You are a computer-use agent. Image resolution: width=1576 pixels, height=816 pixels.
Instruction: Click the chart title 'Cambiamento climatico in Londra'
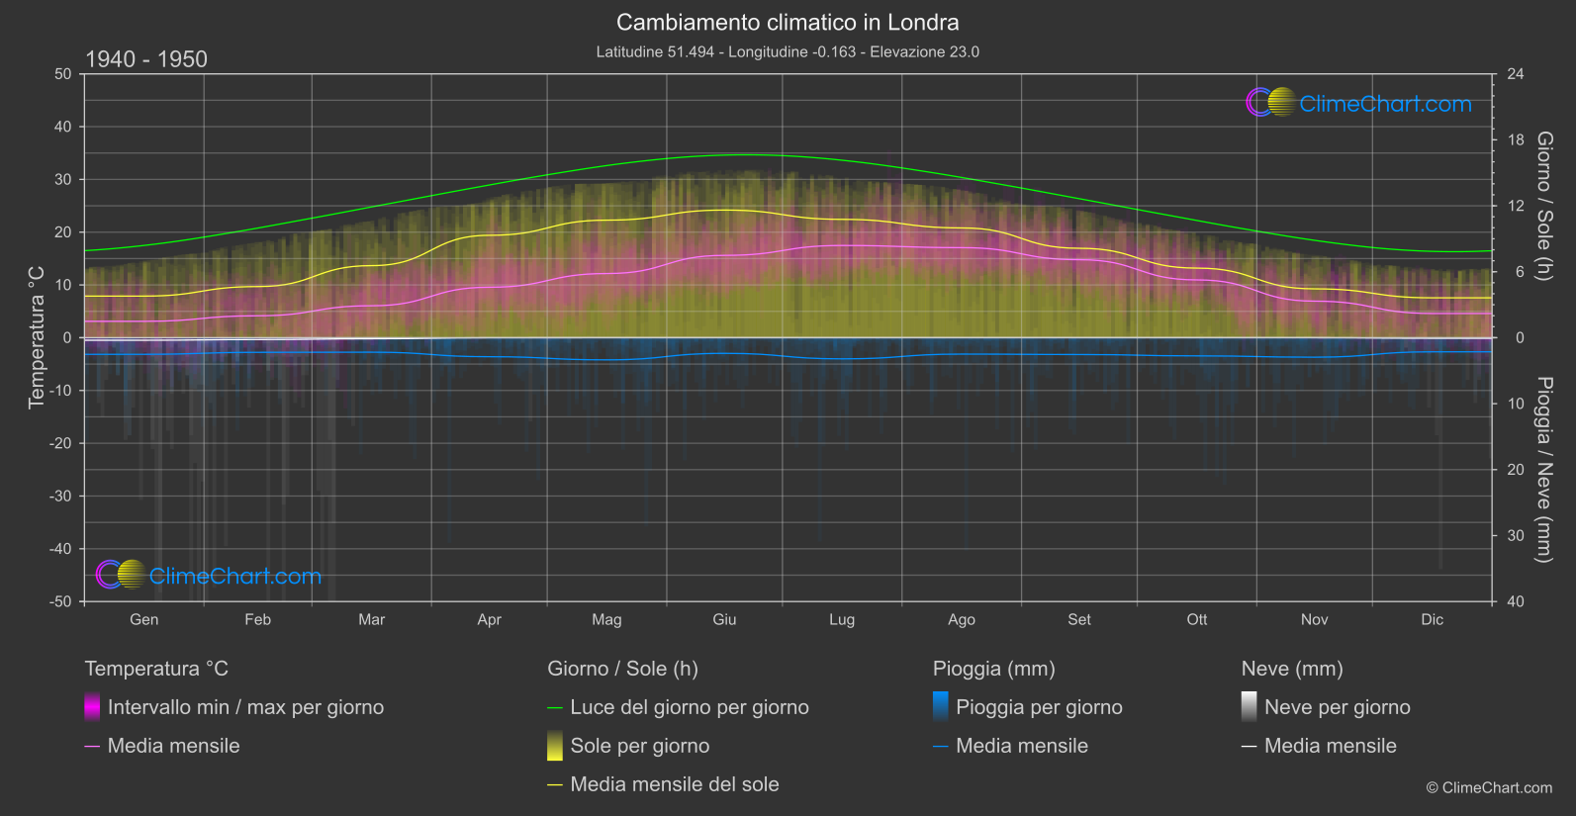[x=788, y=22]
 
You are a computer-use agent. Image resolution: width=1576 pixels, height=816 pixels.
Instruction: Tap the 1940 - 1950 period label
[x=146, y=59]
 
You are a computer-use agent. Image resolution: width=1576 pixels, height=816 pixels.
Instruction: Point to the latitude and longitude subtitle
[x=788, y=51]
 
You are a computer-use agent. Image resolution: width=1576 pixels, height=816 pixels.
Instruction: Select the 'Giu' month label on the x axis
[x=724, y=619]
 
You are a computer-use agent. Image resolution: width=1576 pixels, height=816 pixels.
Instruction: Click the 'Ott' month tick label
[x=1197, y=619]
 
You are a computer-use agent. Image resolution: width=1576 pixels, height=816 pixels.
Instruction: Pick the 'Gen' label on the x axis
[x=143, y=619]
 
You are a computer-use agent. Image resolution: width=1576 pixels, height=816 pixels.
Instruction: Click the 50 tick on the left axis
[x=63, y=74]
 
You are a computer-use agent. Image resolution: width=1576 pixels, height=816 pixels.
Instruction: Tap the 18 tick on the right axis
[x=1516, y=140]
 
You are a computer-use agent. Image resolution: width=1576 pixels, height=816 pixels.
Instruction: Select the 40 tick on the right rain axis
[x=1516, y=601]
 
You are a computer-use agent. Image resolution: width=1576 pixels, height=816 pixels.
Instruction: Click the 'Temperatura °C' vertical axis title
[x=37, y=337]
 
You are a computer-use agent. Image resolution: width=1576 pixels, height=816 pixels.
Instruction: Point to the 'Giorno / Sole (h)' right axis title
[x=1544, y=206]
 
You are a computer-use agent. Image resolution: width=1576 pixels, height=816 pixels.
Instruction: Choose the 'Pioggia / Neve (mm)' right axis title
[x=1544, y=470]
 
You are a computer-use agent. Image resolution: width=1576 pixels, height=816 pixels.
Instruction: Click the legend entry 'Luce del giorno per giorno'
[x=689, y=707]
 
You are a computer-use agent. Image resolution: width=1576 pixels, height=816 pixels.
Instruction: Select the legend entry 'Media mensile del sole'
[x=674, y=784]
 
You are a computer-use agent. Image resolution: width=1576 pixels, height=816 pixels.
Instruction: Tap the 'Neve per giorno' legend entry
[x=1337, y=707]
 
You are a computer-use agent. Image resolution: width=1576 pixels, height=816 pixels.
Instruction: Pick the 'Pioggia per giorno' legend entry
[x=1038, y=707]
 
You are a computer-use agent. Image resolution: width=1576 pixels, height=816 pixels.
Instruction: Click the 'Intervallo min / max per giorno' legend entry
[x=244, y=707]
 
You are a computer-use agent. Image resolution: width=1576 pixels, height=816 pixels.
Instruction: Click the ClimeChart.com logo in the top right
[x=1359, y=103]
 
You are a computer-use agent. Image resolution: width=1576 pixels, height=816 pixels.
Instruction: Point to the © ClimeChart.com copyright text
[x=1489, y=787]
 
